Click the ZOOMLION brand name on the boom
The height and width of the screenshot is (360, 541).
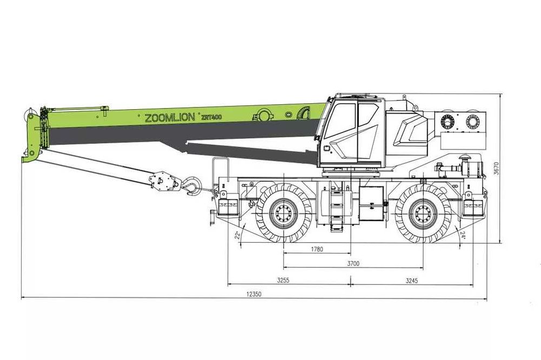coord(170,118)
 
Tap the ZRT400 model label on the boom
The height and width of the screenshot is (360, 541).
coord(211,117)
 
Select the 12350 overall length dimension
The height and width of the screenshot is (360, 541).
coord(254,294)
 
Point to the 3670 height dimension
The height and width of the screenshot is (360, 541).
coord(496,168)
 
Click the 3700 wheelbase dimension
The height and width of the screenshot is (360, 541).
coord(353,264)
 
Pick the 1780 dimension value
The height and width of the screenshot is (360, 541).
coord(317,249)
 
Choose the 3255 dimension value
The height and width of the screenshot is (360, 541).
coord(283,281)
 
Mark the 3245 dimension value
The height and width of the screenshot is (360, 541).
coord(411,281)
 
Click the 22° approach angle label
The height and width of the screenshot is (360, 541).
coord(237,236)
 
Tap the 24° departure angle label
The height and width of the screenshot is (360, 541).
coord(463,236)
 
